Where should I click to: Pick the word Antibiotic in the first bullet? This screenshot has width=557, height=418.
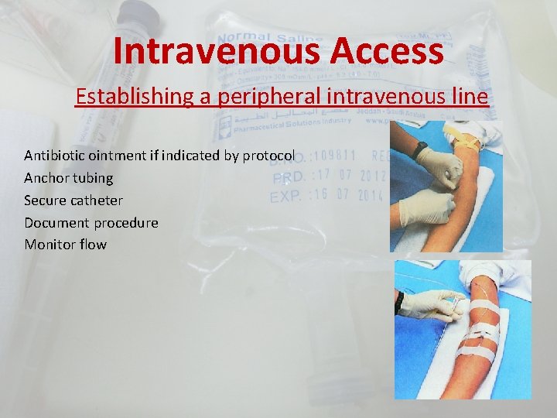[54, 156]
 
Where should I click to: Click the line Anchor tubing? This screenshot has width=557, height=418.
[68, 178]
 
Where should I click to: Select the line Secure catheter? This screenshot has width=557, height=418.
[73, 200]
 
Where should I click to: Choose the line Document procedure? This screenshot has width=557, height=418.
[91, 223]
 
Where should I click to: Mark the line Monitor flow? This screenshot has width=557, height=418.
[65, 245]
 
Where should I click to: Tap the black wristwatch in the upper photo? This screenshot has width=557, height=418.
[420, 149]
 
